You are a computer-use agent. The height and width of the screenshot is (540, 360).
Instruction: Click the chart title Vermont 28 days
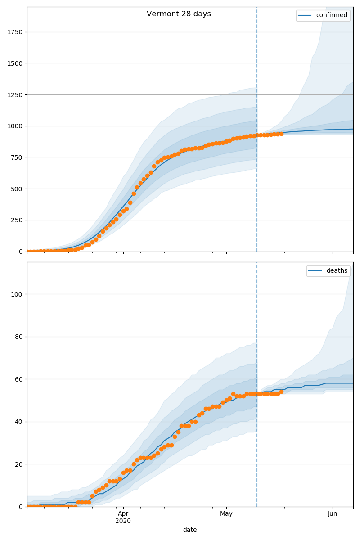pyautogui.click(x=179, y=14)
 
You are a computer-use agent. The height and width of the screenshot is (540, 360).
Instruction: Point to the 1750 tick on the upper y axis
pyautogui.click(x=15, y=32)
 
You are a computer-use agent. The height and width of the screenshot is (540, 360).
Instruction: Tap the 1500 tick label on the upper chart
pyautogui.click(x=15, y=63)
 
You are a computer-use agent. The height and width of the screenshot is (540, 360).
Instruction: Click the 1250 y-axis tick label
pyautogui.click(x=15, y=95)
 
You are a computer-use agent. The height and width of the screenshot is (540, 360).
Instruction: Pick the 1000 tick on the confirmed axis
pyautogui.click(x=15, y=126)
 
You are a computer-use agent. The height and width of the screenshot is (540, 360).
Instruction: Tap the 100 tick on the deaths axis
pyautogui.click(x=17, y=294)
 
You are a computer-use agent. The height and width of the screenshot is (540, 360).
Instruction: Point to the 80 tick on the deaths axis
pyautogui.click(x=18, y=337)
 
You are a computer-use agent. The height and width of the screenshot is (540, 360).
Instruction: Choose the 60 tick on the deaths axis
pyautogui.click(x=18, y=379)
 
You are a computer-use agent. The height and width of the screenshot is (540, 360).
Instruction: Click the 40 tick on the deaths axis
pyautogui.click(x=18, y=422)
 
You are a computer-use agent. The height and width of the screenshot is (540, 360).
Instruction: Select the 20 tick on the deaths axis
pyautogui.click(x=18, y=464)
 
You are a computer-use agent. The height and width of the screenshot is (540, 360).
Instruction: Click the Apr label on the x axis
pyautogui.click(x=123, y=513)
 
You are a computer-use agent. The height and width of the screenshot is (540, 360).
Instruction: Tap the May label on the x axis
pyautogui.click(x=226, y=513)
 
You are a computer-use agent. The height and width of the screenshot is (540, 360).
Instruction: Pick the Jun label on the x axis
pyautogui.click(x=333, y=513)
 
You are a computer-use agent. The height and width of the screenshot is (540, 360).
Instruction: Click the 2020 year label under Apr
pyautogui.click(x=123, y=521)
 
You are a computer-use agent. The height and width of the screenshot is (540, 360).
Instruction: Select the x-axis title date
pyautogui.click(x=190, y=530)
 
